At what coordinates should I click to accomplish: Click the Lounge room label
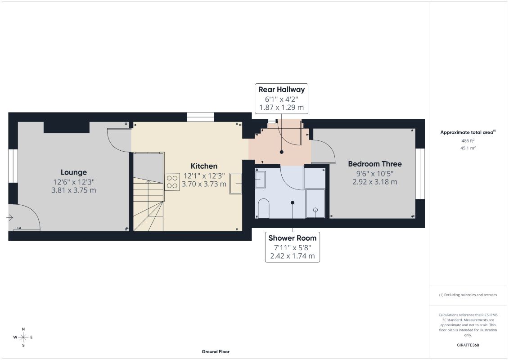pos(74,172)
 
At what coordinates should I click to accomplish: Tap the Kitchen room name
pos(204,166)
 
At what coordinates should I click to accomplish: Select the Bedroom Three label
pos(375,164)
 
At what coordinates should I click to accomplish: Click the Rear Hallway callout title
pos(281,90)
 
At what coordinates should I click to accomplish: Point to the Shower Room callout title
pos(293,238)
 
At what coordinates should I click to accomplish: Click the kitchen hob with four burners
pos(172,182)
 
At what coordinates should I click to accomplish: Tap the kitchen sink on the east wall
pos(236,184)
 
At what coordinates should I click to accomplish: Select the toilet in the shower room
pos(263,208)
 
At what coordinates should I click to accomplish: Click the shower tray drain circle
pos(315,210)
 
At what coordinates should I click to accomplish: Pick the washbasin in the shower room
pos(260,180)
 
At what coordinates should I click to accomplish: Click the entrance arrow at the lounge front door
pos(10,217)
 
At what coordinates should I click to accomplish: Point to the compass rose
pos(23,337)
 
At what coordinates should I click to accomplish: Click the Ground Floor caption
pos(216,351)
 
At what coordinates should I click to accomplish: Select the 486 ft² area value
pos(468,141)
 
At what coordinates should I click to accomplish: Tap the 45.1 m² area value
pos(468,148)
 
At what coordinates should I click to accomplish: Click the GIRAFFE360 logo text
pos(468,345)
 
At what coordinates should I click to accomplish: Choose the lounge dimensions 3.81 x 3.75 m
pos(74,190)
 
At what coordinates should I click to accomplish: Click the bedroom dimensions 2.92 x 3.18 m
pos(375,182)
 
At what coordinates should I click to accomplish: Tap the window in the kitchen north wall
pos(200,117)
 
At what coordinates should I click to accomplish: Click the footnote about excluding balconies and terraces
pos(468,295)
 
